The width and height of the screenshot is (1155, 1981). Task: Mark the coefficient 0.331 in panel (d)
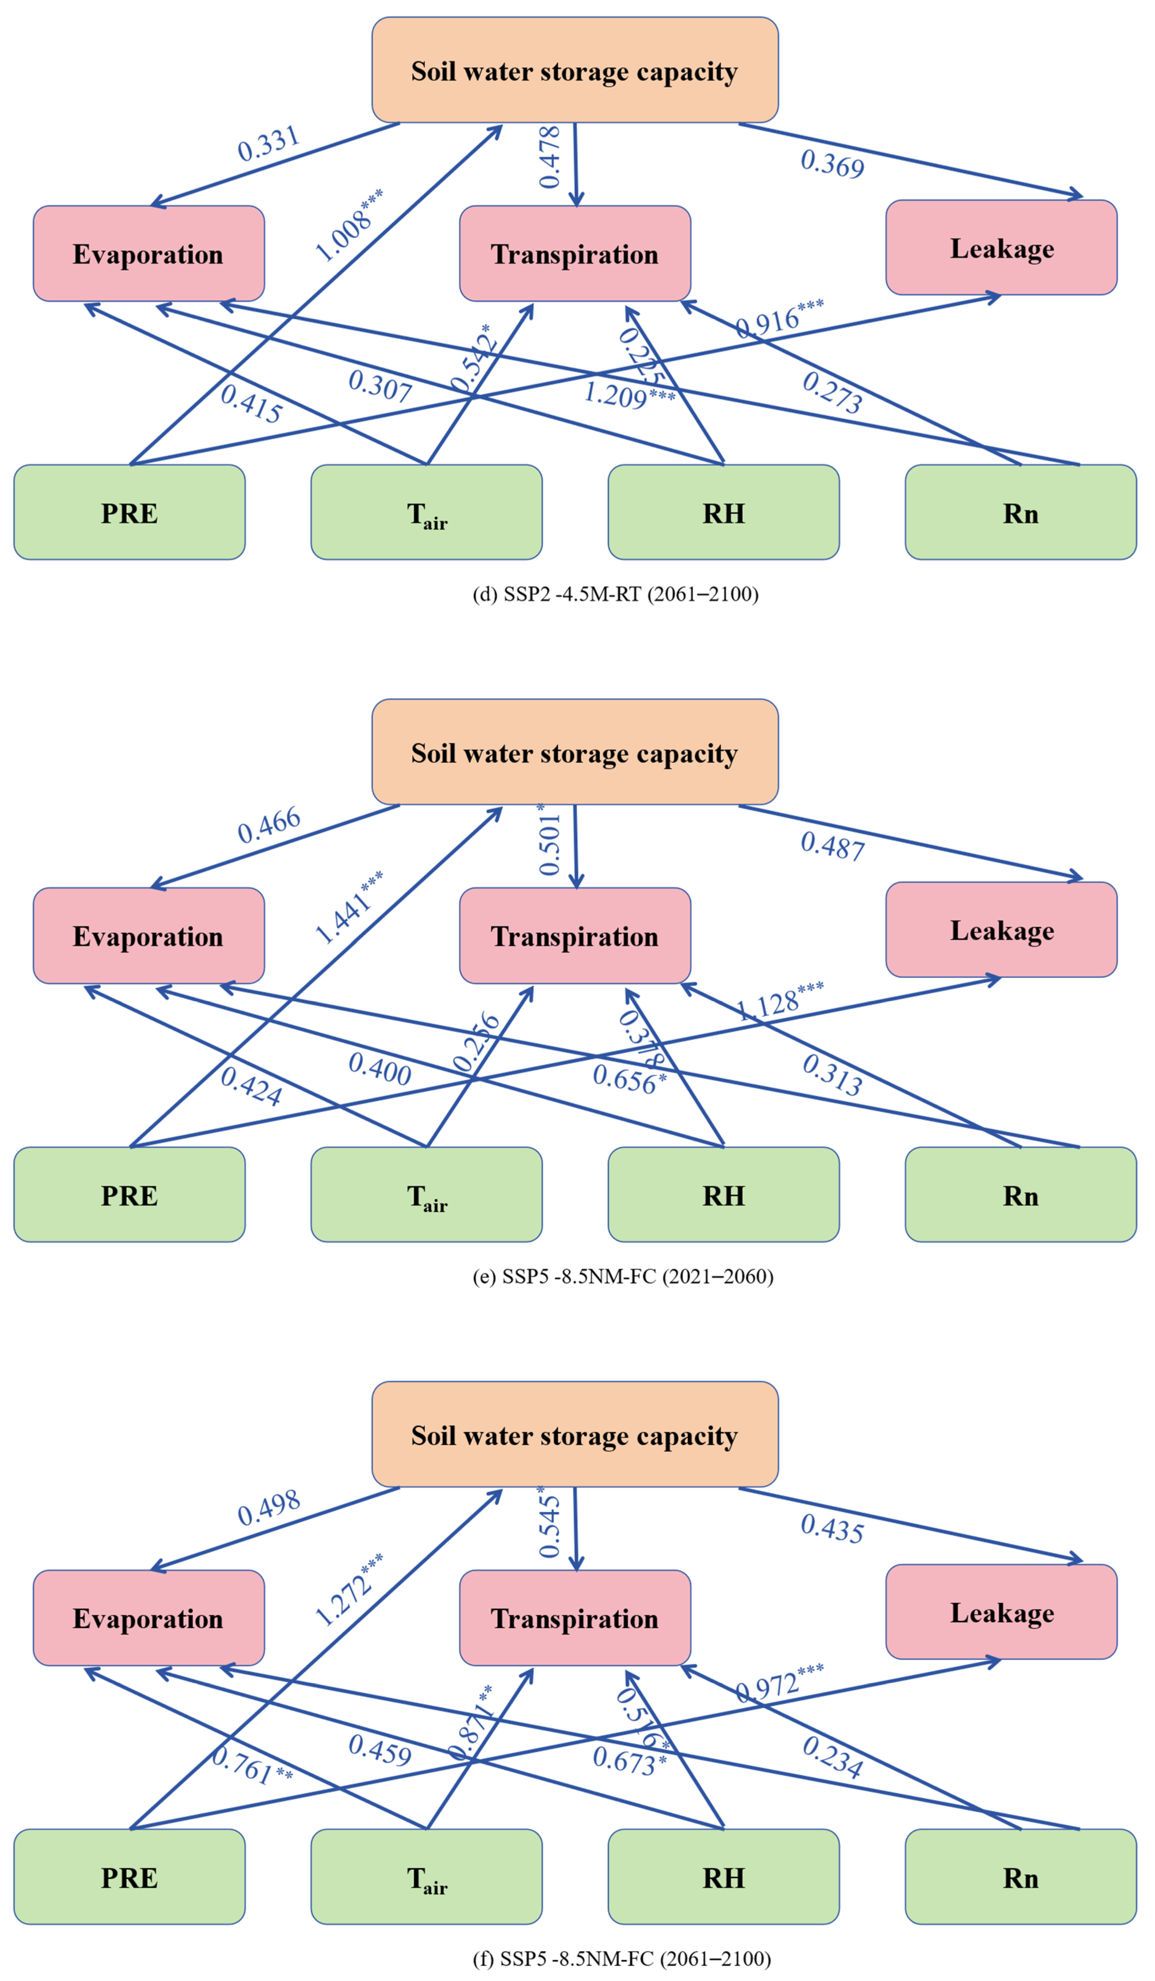[x=269, y=143]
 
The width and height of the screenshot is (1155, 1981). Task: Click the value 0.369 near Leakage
[x=832, y=164]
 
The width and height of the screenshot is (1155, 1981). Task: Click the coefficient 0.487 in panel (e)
[x=832, y=846]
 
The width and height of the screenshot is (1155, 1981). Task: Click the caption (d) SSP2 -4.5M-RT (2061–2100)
[x=615, y=594]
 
